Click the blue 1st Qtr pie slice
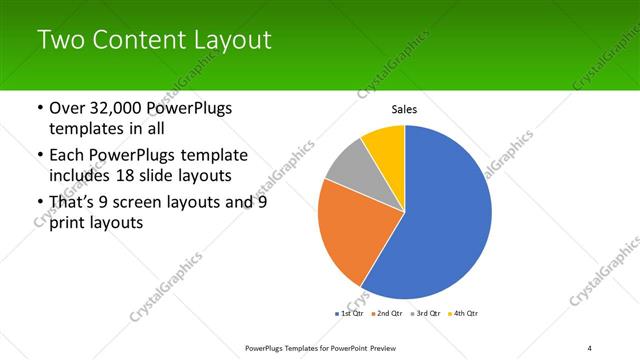[450, 220]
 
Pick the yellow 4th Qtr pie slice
[385, 146]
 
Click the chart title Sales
[404, 110]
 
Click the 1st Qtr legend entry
[350, 313]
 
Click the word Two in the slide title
[58, 41]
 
